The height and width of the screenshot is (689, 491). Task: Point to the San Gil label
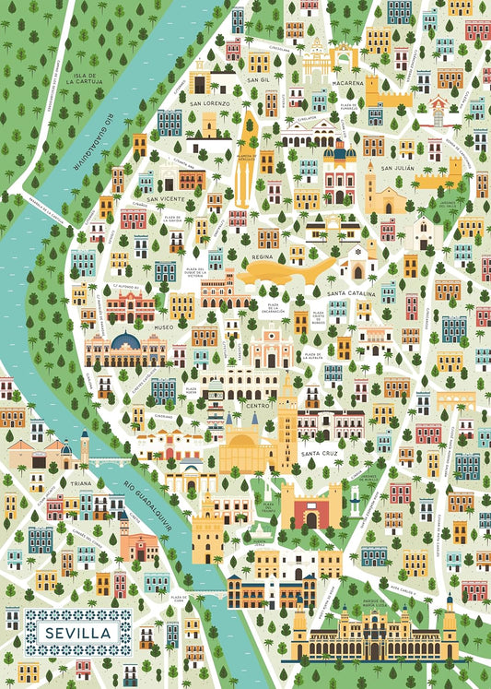(x=259, y=80)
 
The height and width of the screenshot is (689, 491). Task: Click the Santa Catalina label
(x=351, y=293)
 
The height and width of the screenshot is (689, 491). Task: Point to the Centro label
(x=256, y=405)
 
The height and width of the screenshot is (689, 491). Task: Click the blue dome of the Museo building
(x=126, y=342)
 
